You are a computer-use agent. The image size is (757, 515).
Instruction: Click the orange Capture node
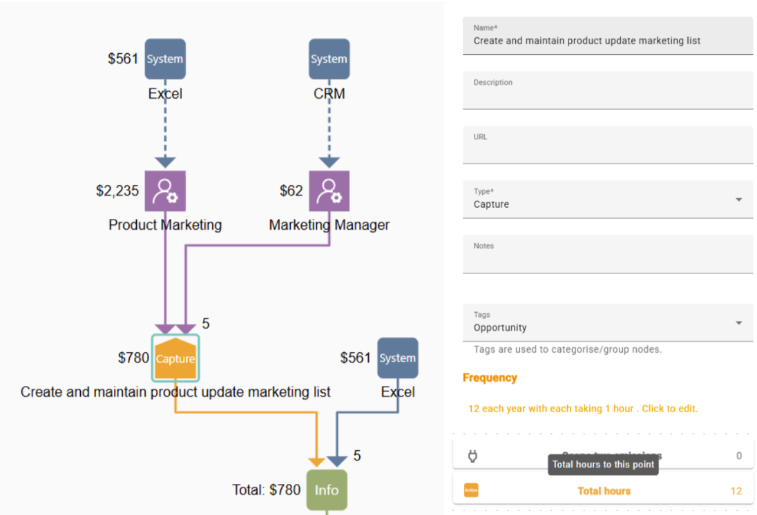(175, 358)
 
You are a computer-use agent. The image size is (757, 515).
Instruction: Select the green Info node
(327, 490)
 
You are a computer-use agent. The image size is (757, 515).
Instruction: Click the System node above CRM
(329, 59)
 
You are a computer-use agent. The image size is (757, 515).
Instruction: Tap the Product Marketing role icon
(165, 191)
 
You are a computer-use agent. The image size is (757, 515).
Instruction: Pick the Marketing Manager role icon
(329, 191)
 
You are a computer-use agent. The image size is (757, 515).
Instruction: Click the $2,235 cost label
(117, 191)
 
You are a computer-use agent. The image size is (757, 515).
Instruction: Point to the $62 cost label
(291, 191)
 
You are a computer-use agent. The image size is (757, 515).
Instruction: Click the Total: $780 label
(267, 490)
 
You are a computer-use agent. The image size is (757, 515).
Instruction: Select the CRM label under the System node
(329, 93)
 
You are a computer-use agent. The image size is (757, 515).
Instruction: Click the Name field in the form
(608, 41)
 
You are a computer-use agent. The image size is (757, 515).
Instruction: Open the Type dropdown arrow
(738, 200)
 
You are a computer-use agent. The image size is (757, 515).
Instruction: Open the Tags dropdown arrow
(738, 323)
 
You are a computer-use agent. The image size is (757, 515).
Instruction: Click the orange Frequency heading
(490, 378)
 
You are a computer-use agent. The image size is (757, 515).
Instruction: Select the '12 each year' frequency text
(583, 409)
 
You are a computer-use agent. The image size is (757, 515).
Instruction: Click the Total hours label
(604, 491)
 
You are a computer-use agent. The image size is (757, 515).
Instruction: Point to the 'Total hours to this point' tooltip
(603, 465)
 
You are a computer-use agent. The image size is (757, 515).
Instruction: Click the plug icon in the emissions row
(473, 456)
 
